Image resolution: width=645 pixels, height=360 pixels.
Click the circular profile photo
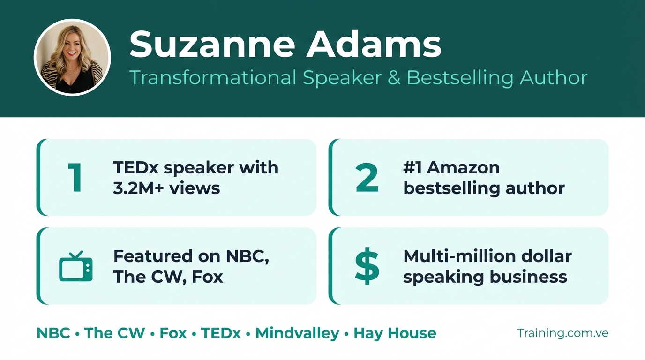click(72, 57)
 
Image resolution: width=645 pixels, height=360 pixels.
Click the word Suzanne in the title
click(212, 45)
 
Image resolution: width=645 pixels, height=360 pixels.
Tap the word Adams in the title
click(374, 45)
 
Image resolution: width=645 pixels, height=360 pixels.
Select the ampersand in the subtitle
click(394, 77)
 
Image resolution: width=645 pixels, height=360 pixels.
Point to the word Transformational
click(213, 77)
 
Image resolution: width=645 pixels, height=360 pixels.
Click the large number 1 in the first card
click(75, 177)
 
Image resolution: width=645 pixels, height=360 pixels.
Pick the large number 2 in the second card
click(367, 177)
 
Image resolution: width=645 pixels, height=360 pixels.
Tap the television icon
click(76, 266)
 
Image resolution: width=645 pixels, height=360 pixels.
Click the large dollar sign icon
click(367, 266)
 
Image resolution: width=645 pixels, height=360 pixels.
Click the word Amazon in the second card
click(463, 168)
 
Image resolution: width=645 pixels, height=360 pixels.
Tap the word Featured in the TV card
click(153, 256)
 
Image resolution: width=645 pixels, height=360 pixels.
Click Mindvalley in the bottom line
click(298, 333)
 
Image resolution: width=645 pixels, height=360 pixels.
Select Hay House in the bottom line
click(395, 333)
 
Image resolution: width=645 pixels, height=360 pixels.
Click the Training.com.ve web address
click(563, 333)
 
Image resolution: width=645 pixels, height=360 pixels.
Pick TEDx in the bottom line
click(221, 333)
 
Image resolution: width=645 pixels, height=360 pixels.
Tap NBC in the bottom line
click(53, 333)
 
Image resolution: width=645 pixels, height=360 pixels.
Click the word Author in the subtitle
click(554, 77)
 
